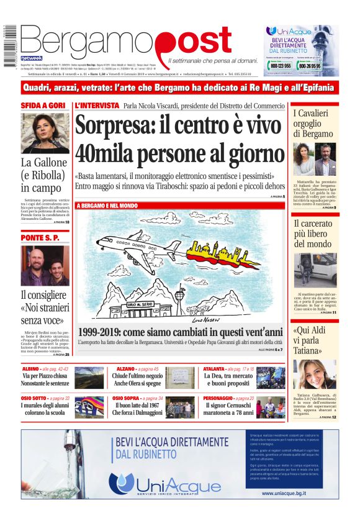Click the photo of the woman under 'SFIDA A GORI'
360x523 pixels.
pyautogui.click(x=45, y=133)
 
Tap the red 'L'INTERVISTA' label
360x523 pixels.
pyautogui.click(x=96, y=106)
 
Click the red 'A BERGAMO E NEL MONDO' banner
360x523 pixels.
pyautogui.click(x=107, y=205)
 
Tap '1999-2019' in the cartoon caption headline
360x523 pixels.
pyautogui.click(x=101, y=331)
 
